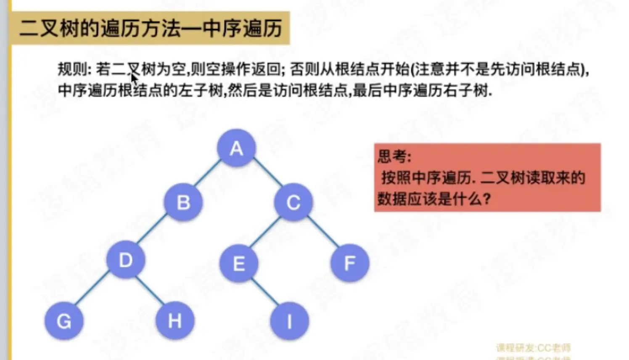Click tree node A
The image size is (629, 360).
tap(236, 148)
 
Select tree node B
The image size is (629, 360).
tap(183, 202)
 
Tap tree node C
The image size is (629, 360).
tap(293, 202)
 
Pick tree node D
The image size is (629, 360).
tap(126, 260)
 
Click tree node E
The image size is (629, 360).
tap(239, 263)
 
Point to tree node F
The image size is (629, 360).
tap(350, 263)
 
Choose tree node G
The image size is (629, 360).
tap(64, 321)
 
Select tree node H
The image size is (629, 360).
tap(175, 321)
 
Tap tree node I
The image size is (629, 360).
tap(289, 321)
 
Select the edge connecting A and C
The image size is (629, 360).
tap(267, 173)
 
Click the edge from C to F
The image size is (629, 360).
tap(323, 232)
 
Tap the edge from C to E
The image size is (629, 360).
tap(265, 232)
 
